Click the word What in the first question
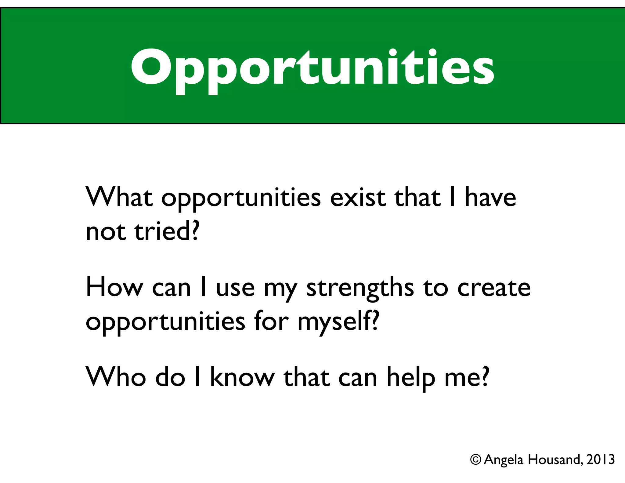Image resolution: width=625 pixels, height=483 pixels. pyautogui.click(x=119, y=197)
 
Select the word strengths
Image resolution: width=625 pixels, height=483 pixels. pyautogui.click(x=360, y=289)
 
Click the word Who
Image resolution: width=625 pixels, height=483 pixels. pyautogui.click(x=116, y=377)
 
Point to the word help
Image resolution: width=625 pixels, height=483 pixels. pyautogui.click(x=411, y=378)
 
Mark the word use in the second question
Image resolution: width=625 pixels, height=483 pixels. pyautogui.click(x=235, y=289)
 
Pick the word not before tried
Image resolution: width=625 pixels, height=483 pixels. pyautogui.click(x=106, y=232)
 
